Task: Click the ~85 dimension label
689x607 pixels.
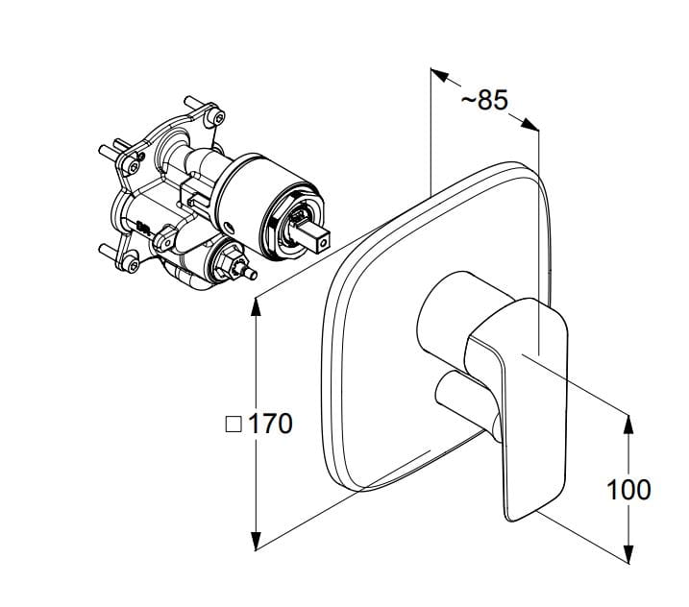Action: [484, 100]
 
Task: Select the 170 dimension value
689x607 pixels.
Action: [270, 424]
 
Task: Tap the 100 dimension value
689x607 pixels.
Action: [628, 489]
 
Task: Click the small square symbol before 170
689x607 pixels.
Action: [234, 425]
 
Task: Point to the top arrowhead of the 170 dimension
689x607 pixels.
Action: [256, 306]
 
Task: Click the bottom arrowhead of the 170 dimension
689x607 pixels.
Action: [256, 541]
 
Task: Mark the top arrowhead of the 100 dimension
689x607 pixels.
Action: [628, 424]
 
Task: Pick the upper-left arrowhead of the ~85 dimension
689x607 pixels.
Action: [439, 75]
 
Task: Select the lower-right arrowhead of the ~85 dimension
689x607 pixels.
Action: [530, 124]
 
